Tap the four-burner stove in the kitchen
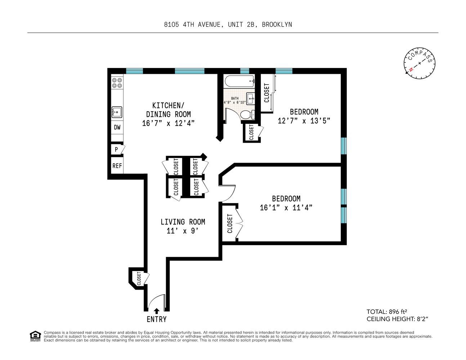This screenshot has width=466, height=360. pos(117,83)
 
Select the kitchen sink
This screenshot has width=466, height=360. pos(117,112)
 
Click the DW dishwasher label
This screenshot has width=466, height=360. pos(117,127)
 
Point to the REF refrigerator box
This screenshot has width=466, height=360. pos(117,166)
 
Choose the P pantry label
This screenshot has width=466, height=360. pos(116,149)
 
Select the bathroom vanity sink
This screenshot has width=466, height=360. pos(251,98)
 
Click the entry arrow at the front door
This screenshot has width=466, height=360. pos(156,311)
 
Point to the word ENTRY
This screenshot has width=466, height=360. pos(157,319)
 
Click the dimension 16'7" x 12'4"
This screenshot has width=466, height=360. pos(168,123)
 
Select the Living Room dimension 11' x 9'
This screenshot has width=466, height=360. pos(183,231)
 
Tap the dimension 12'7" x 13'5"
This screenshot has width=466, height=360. pos(304,121)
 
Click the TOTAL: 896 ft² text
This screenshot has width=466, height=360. pos(387,312)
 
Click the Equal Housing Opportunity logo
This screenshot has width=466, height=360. pos(35,336)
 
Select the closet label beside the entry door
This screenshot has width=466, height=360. pos(139,278)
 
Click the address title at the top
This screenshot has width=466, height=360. pos(228,24)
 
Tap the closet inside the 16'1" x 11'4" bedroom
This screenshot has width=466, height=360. pos(230,224)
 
